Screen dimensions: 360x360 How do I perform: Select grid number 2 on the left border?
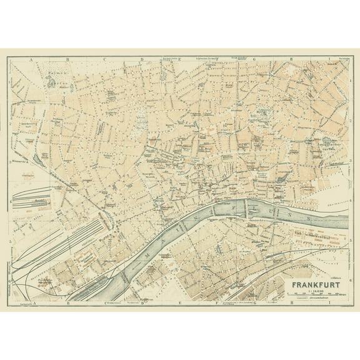pos(10,127)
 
